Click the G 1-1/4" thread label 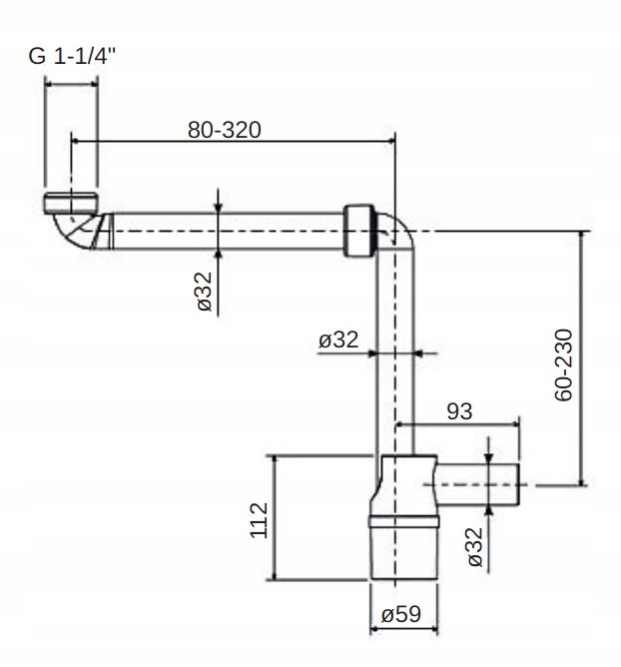72,56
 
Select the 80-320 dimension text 225,130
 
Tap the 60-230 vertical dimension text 563,365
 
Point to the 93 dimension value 459,411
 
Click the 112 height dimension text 259,520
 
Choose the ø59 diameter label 401,614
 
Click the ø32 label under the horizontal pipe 205,292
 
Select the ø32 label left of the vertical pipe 338,339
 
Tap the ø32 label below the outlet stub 475,547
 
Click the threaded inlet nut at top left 71,203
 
